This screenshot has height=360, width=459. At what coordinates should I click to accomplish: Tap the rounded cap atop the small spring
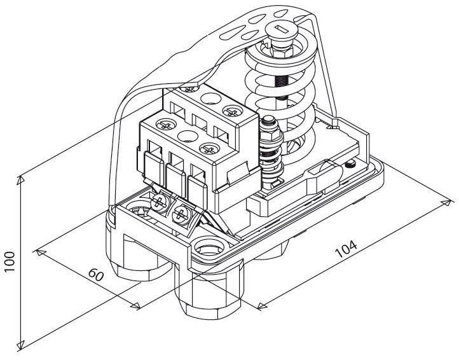(x=266, y=121)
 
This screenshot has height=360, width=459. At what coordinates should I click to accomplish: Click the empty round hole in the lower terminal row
(x=184, y=135)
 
